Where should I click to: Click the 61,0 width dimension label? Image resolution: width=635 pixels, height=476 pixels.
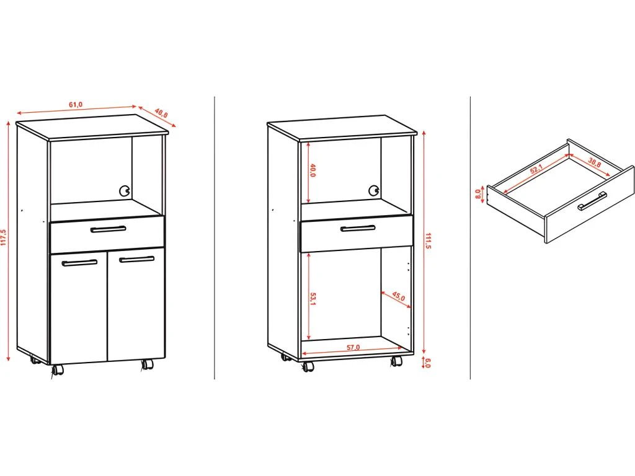[75, 104]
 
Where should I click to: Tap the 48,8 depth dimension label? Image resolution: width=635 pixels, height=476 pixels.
[161, 113]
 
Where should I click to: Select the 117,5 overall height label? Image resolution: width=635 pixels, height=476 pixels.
[4, 238]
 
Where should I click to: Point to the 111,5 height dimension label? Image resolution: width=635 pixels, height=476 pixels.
[429, 241]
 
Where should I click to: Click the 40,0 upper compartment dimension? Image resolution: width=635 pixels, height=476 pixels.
[313, 170]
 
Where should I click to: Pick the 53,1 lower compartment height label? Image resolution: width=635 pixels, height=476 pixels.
[313, 298]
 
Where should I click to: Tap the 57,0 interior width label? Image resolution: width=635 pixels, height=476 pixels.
[353, 348]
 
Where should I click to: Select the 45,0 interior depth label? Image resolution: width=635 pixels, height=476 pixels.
[398, 297]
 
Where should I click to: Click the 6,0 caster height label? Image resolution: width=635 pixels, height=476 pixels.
[428, 363]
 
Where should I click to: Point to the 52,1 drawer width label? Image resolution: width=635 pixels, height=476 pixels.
[536, 169]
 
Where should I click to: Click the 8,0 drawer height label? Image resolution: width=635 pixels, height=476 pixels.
[478, 194]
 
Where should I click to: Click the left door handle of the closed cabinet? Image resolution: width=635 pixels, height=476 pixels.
[79, 263]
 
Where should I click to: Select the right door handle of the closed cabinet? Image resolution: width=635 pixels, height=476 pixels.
[136, 259]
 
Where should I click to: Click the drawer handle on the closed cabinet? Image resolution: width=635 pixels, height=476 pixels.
[108, 229]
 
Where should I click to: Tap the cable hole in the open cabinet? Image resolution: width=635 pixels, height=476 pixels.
[373, 191]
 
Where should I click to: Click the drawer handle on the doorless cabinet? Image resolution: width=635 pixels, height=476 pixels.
[358, 229]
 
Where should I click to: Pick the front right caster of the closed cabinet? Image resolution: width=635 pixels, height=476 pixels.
[147, 364]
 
